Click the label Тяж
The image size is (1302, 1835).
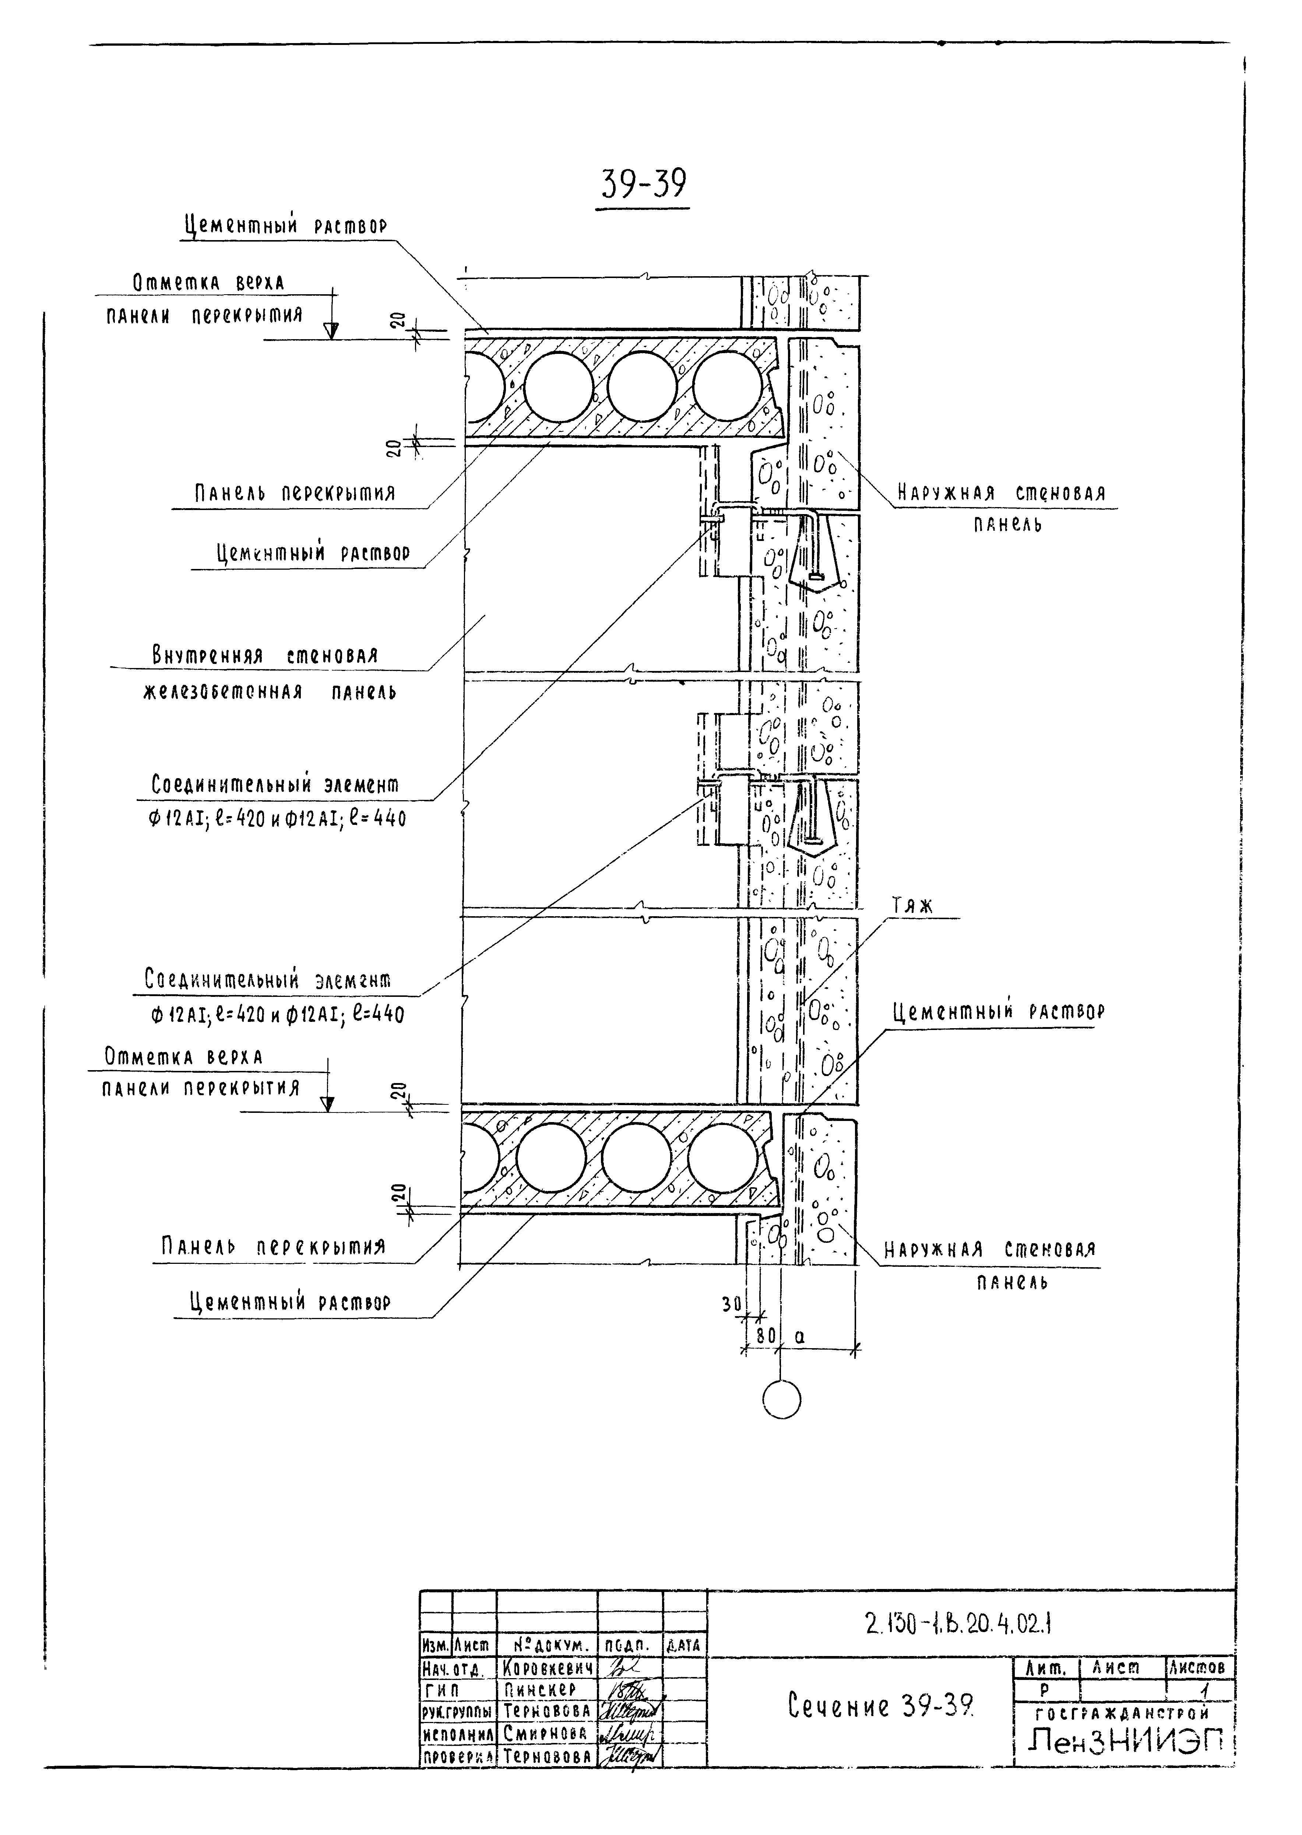pos(912,907)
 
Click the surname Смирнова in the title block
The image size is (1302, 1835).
pos(545,1733)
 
